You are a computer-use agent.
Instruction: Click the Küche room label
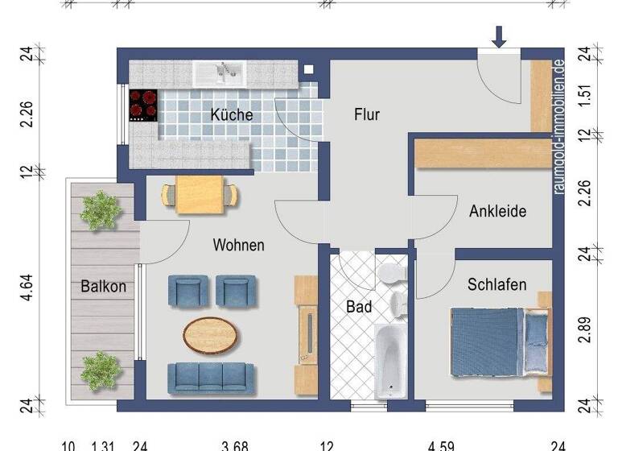[232, 115]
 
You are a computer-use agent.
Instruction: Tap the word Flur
[366, 115]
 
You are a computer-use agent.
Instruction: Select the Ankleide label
[498, 212]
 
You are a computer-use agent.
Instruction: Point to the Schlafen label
[497, 284]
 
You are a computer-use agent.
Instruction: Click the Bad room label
[358, 307]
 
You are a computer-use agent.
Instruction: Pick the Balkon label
[103, 286]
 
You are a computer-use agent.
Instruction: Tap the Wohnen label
[238, 245]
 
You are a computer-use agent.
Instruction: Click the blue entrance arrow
[500, 36]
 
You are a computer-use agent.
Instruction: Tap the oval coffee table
[211, 333]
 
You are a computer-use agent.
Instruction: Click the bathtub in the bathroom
[390, 360]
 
